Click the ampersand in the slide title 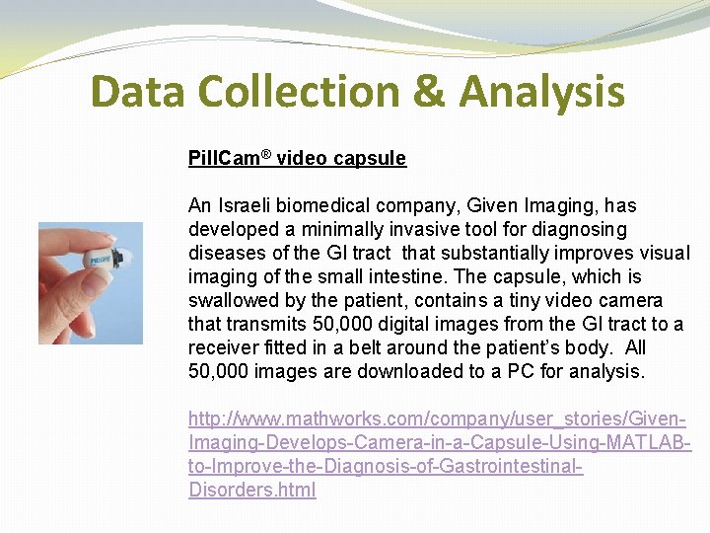pyautogui.click(x=430, y=92)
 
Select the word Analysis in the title pyautogui.click(x=541, y=92)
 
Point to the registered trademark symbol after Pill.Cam pyautogui.click(x=269, y=155)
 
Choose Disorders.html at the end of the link pyautogui.click(x=252, y=491)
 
